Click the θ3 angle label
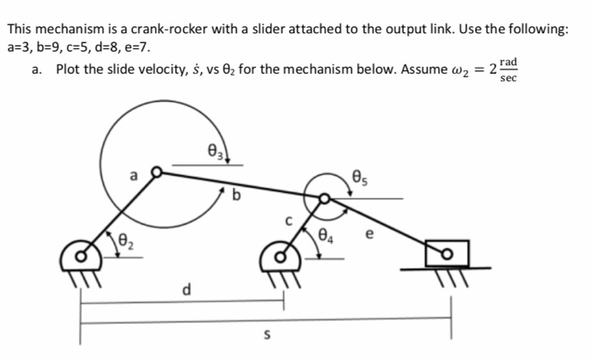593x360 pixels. (213, 152)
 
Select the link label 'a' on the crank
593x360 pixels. (132, 175)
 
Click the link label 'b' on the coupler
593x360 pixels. (236, 198)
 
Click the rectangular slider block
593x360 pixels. (446, 252)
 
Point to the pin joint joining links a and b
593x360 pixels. (155, 173)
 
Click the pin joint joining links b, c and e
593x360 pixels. (324, 198)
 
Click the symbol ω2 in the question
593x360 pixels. (464, 69)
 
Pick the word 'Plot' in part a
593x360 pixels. (70, 69)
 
